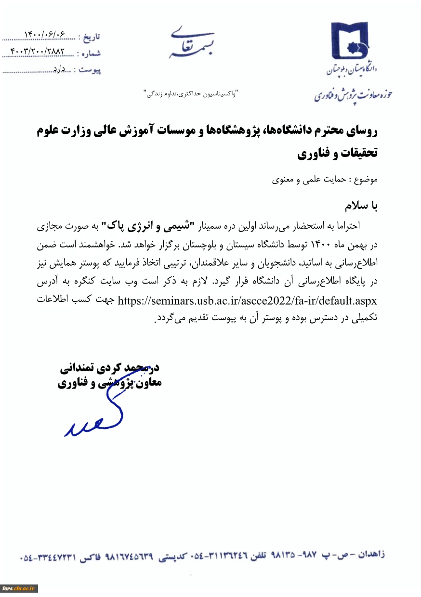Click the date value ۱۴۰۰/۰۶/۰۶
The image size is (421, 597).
coord(44,35)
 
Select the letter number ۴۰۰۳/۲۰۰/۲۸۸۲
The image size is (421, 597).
coord(37,51)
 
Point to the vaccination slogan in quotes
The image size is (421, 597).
coord(192,91)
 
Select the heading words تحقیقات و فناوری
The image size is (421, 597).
coord(338,154)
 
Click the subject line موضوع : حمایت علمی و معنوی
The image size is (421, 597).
coord(325,180)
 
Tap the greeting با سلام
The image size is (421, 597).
coord(361,206)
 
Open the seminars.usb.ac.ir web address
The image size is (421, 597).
coord(247,301)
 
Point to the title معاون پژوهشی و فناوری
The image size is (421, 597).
coord(110,384)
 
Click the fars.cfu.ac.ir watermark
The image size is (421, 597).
coord(19,588)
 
